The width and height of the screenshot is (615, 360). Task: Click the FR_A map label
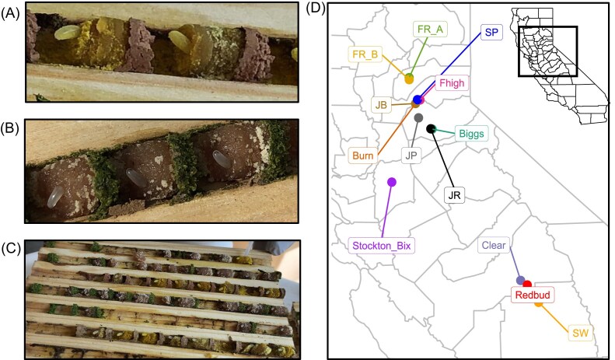tap(430, 29)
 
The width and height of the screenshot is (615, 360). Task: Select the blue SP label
tap(491, 33)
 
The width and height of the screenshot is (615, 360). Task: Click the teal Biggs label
tap(471, 133)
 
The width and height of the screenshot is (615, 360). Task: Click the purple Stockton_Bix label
tap(380, 246)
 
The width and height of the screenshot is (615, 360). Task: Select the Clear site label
tap(493, 246)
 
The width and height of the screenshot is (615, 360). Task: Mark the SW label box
tap(579, 333)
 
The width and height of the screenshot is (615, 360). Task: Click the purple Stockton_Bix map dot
tap(392, 182)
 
